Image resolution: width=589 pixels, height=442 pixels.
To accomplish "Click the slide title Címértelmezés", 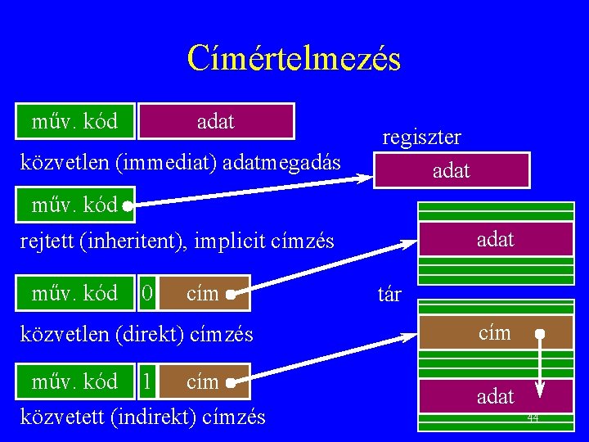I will (294, 58).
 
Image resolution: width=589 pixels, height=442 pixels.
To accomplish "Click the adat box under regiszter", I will (451, 170).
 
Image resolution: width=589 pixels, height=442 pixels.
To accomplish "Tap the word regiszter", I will (421, 137).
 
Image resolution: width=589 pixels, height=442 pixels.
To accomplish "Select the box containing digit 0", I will (146, 292).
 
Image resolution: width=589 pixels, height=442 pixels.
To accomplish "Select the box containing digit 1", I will (146, 381).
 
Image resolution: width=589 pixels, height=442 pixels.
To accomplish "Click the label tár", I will (389, 293).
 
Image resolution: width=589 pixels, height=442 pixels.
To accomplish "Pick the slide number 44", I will (533, 418).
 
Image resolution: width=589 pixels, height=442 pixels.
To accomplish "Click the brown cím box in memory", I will (495, 333).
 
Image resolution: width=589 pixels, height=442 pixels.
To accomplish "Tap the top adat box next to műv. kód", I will (216, 121).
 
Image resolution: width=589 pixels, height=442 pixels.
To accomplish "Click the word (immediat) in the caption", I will (168, 162).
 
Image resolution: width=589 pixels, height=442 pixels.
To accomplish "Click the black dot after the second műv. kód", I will (128, 206).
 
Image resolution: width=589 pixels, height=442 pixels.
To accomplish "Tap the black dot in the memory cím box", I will (540, 334).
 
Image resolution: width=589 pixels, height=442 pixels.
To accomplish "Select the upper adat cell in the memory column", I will (495, 240).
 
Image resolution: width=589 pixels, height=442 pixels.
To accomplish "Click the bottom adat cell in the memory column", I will (495, 397).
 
